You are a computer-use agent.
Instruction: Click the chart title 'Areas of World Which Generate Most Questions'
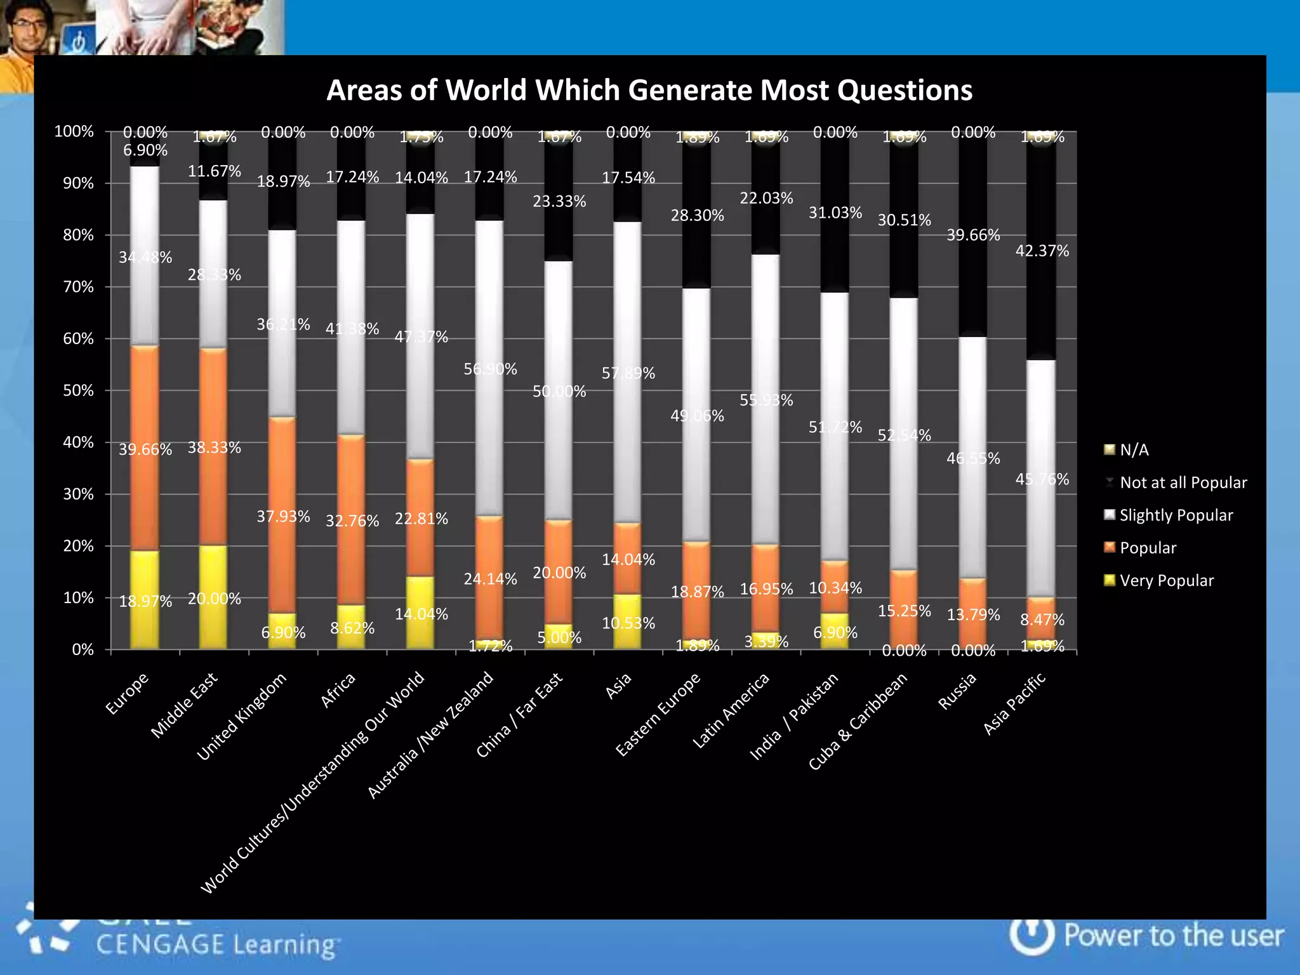649,90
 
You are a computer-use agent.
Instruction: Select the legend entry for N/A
1134,450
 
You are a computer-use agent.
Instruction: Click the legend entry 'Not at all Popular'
1183,482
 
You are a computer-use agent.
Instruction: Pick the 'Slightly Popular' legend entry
1176,515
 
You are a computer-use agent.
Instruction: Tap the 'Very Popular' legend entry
1166,580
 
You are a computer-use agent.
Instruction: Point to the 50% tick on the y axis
79,390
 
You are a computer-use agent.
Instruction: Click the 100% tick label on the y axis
74,131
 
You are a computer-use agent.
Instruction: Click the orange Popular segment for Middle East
214,482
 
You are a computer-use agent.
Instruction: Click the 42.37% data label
1042,251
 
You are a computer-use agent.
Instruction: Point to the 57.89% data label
628,373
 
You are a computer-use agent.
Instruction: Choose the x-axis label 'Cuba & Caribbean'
858,721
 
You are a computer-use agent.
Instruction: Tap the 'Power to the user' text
1173,936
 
